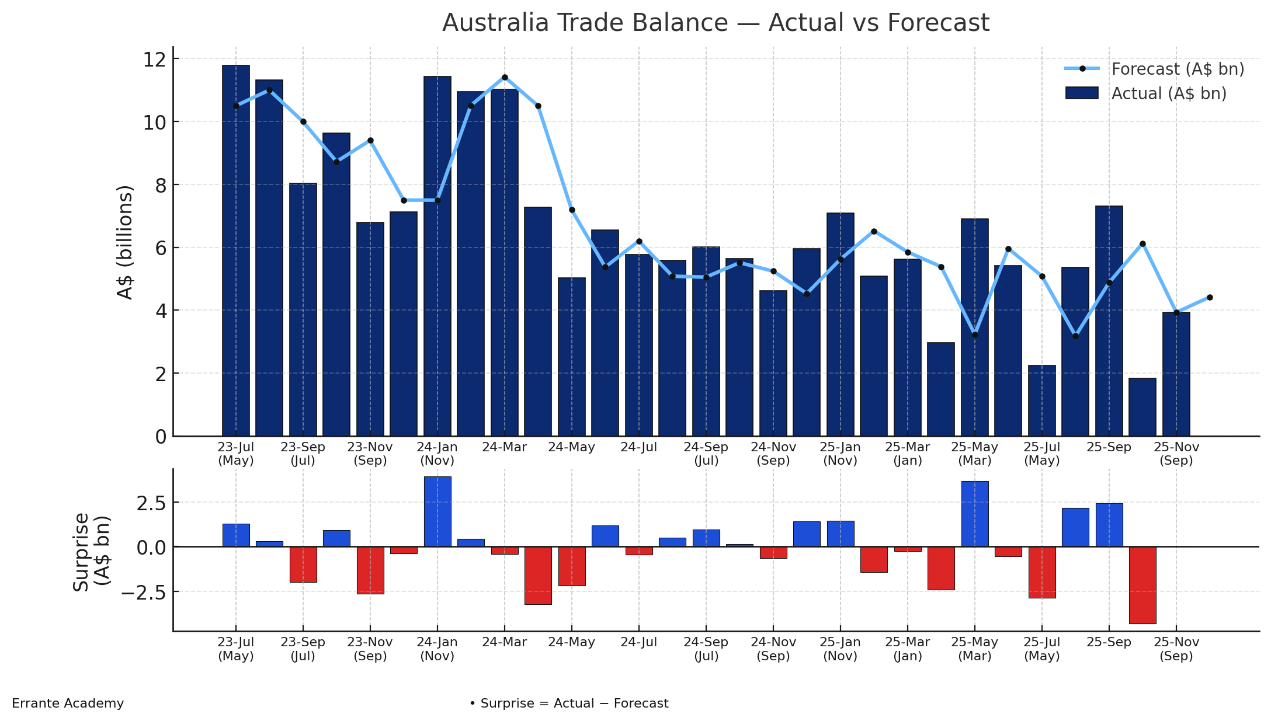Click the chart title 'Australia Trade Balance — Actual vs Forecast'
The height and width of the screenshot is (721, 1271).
[x=716, y=23]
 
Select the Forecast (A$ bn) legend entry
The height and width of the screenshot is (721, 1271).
[x=1177, y=69]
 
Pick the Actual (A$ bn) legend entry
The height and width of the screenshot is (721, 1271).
[x=1168, y=93]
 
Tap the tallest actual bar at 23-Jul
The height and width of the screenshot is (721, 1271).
[x=236, y=251]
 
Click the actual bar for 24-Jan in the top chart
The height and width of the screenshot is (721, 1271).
[x=437, y=257]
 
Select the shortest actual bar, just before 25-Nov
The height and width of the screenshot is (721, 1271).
[x=1142, y=407]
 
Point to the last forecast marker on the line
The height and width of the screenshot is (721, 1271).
[x=1210, y=298]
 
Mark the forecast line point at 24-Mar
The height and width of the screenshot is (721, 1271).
[x=505, y=77]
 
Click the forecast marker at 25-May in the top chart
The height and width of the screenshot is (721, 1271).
[x=975, y=335]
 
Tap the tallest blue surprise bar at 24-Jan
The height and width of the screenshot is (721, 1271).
[x=437, y=512]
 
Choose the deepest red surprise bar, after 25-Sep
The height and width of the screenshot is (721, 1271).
[x=1142, y=585]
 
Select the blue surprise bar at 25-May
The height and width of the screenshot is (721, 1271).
[x=975, y=514]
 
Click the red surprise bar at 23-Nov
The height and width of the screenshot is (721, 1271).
[x=370, y=570]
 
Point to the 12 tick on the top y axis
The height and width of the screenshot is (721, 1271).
[x=159, y=60]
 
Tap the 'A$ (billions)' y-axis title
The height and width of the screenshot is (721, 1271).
[x=125, y=242]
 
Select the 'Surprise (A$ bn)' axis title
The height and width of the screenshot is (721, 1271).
[x=91, y=552]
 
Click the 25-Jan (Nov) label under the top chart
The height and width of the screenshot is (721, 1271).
[x=840, y=454]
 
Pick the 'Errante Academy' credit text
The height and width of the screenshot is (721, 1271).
[x=68, y=703]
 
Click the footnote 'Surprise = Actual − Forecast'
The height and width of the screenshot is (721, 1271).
[x=569, y=703]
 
